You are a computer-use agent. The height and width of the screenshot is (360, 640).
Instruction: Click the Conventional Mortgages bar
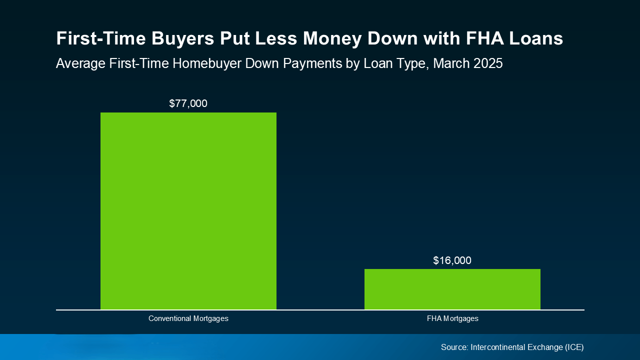coord(188,211)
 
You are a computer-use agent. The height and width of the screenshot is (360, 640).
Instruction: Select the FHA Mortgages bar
coord(452,289)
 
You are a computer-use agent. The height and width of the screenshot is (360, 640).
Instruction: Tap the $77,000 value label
coord(188,103)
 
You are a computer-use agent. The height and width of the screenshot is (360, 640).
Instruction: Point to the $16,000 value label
coord(452,260)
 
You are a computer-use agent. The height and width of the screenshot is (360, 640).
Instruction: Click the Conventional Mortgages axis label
coord(188,318)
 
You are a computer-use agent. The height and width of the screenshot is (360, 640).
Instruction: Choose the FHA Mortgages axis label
coord(452,318)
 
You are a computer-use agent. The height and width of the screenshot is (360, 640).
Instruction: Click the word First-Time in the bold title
coord(101,38)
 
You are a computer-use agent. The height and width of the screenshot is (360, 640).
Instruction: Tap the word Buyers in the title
coord(183,39)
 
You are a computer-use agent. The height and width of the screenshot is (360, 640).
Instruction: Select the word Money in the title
coord(332,39)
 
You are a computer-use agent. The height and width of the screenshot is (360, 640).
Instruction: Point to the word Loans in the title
coord(536,38)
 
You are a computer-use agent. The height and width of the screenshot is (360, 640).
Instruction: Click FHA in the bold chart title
coord(485,38)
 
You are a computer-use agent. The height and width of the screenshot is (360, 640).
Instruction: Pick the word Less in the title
coord(276,38)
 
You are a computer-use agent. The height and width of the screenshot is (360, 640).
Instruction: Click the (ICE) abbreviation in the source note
coord(574,347)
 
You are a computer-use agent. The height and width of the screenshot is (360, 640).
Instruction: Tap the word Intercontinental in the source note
coord(497,347)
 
